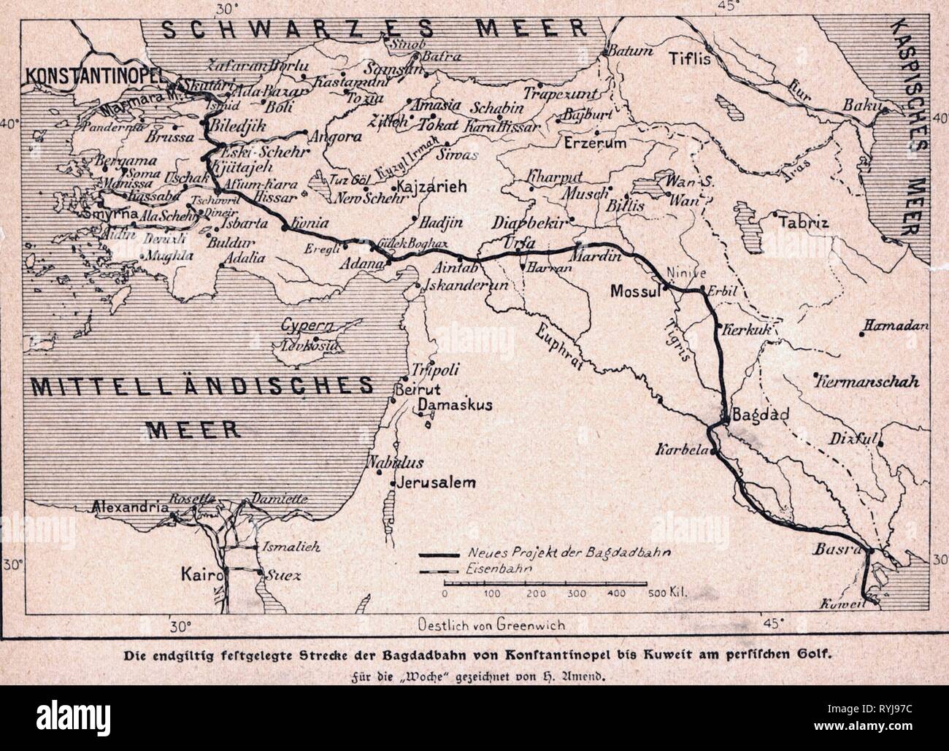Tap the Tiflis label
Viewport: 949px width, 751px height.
click(690, 59)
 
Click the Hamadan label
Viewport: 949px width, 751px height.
click(901, 324)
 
